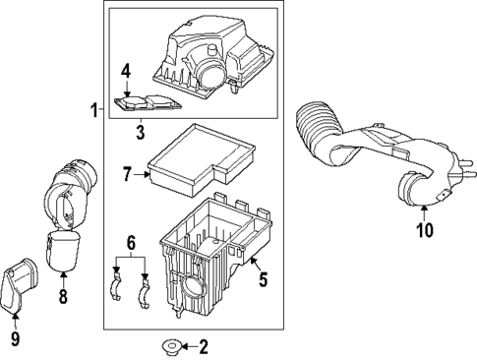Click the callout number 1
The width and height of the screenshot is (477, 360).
93,110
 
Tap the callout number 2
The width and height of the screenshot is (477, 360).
204,346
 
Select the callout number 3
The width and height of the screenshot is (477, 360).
141,128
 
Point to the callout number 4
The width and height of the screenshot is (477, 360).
125,71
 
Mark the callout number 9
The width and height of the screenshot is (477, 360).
15,340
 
